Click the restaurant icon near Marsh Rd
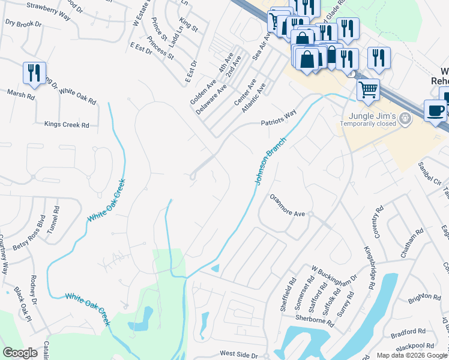pos(34,73)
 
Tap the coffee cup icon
pos(435,110)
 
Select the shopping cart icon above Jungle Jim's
pos(368,90)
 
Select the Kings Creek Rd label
pos(67,125)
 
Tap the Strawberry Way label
pos(50,13)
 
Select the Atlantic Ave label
pos(253,98)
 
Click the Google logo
pos(20,353)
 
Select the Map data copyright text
pos(412,355)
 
